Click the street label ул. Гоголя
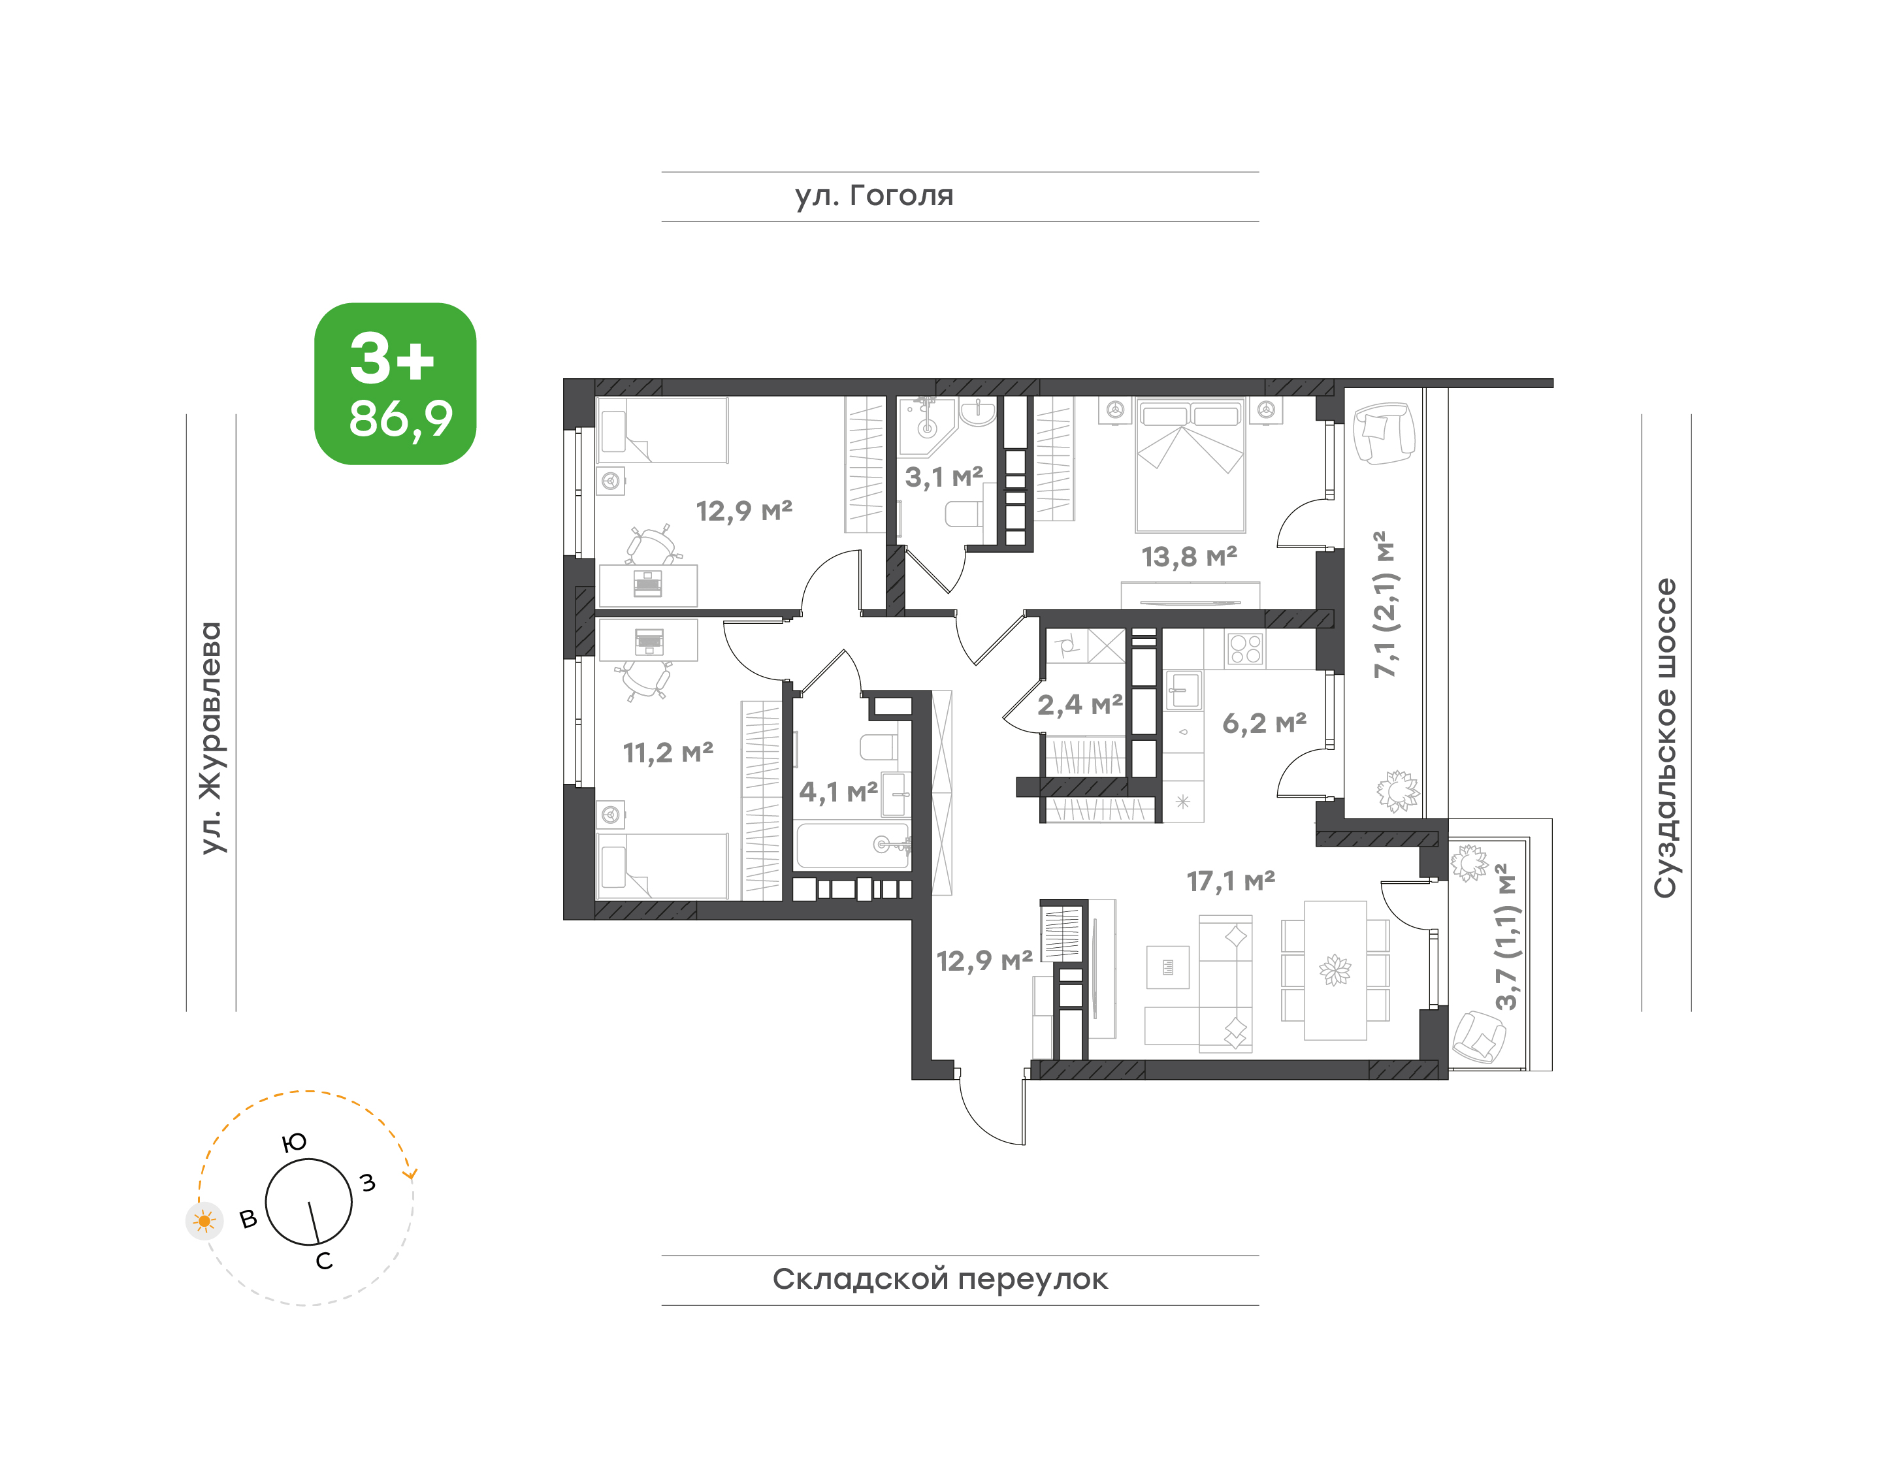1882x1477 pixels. click(873, 196)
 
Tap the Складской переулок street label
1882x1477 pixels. click(939, 1279)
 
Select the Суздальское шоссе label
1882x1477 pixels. click(1665, 738)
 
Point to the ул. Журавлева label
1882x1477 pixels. click(211, 738)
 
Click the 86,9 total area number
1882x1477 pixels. click(400, 419)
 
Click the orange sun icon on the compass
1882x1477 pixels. click(204, 1221)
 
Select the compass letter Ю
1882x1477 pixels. click(295, 1143)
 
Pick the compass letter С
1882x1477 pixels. click(324, 1261)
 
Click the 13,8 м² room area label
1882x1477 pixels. click(1189, 556)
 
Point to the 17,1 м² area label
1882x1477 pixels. click(1231, 881)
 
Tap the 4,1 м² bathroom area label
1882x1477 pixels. click(838, 790)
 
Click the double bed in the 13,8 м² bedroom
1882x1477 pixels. click(1190, 464)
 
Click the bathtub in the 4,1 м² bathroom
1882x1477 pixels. click(852, 846)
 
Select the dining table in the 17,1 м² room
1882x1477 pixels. click(1335, 969)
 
